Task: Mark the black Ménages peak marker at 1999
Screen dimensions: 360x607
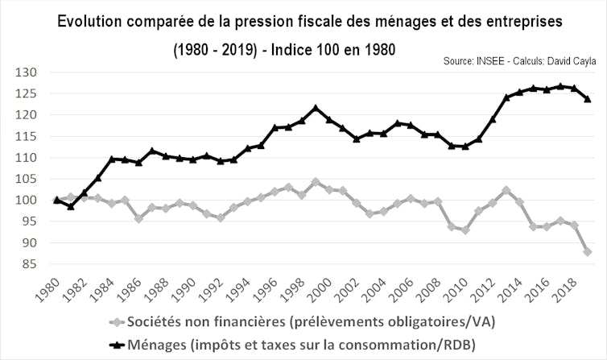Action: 316,107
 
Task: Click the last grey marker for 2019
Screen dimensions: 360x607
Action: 588,251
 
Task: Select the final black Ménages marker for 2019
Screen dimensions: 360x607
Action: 588,99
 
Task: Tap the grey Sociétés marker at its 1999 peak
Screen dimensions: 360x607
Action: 316,182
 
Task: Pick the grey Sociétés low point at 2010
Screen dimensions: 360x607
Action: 465,230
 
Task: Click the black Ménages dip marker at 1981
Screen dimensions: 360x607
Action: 70,206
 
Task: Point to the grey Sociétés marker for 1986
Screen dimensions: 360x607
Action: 139,218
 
